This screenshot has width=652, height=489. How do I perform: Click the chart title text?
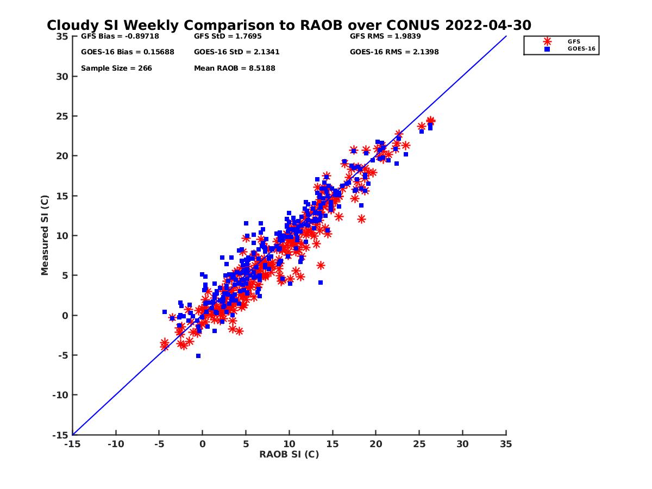tap(289, 26)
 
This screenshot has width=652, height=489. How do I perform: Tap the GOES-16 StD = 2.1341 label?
tap(237, 52)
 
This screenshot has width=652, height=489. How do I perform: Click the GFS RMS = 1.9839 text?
tap(385, 37)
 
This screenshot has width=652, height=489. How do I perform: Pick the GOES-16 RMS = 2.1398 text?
tap(394, 52)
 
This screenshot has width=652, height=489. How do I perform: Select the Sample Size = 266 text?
tap(116, 68)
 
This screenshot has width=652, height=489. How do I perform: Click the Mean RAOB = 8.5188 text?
tap(235, 68)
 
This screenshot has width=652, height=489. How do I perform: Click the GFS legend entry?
tap(573, 41)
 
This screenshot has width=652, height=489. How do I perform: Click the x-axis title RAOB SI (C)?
tap(289, 454)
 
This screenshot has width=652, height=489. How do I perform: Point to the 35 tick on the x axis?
tap(506, 444)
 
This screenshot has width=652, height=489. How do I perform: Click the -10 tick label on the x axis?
tap(116, 444)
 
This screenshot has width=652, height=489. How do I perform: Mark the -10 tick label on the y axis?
tap(60, 395)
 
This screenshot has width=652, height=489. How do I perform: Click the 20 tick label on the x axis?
tap(376, 444)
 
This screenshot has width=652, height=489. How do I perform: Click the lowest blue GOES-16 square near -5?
tap(198, 356)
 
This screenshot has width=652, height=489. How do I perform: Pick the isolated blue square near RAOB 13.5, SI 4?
tap(321, 283)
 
